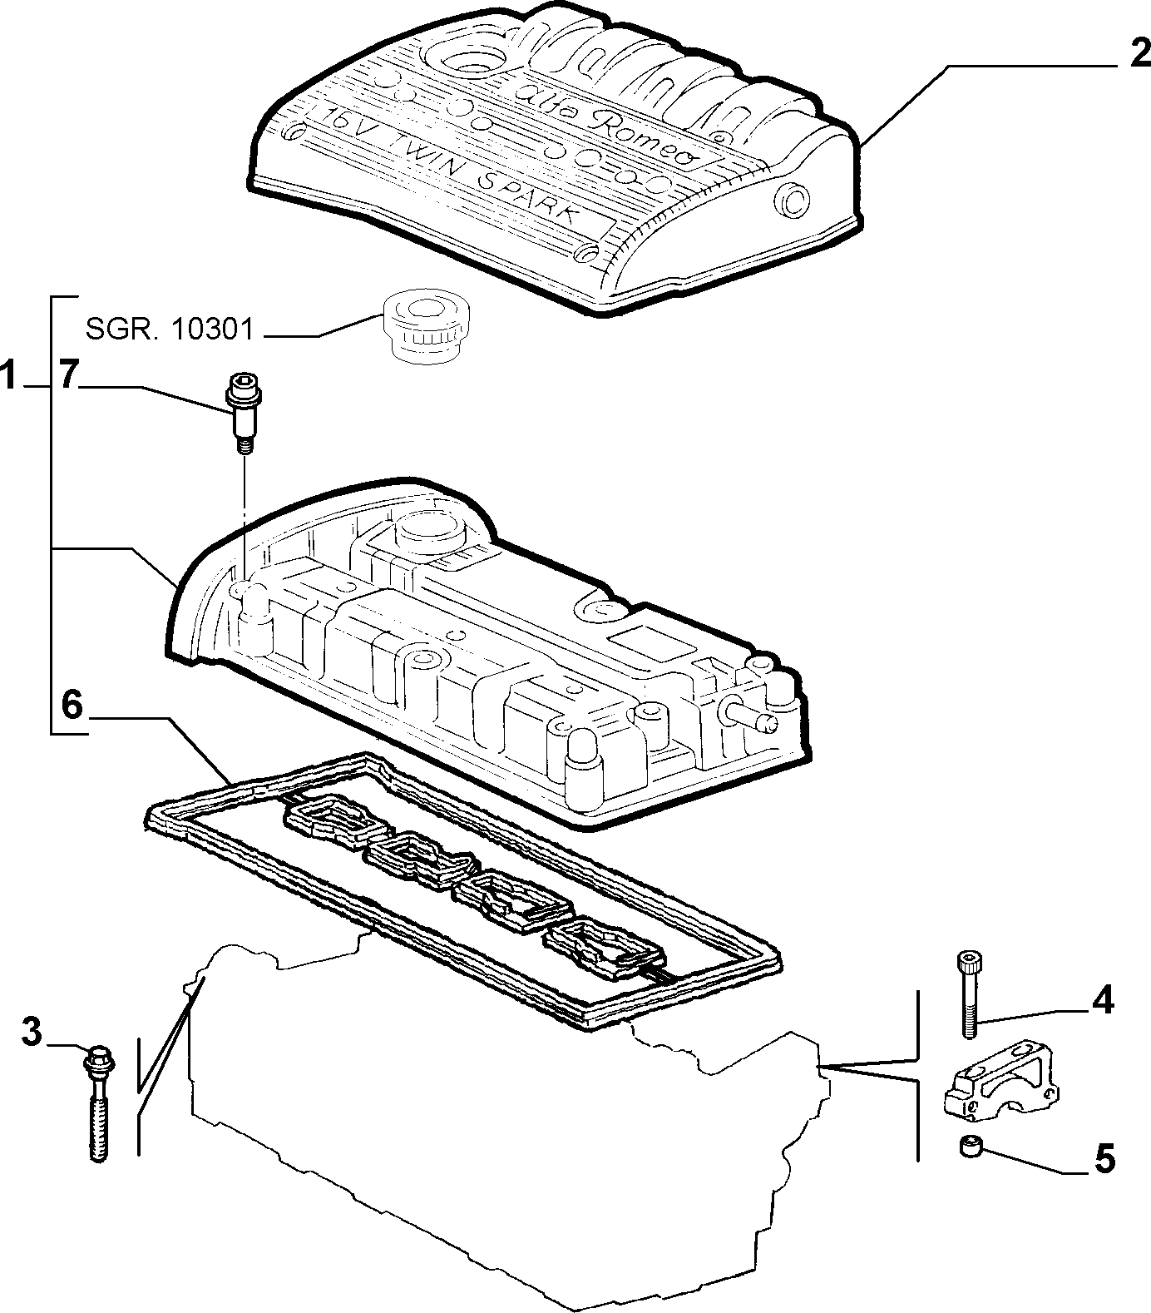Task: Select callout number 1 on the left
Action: (10, 378)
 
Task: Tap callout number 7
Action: (69, 376)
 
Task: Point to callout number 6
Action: (72, 706)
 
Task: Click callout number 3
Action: (30, 1033)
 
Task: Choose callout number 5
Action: (1104, 1158)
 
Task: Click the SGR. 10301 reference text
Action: (169, 329)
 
